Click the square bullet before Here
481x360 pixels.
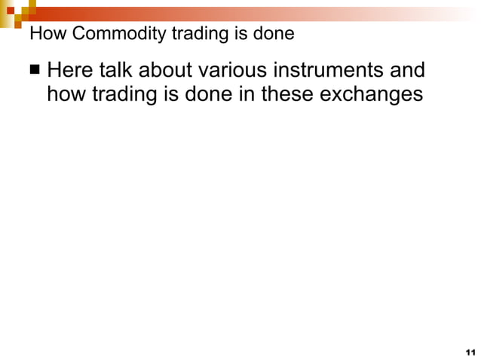(x=35, y=72)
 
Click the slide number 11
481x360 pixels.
(x=470, y=352)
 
